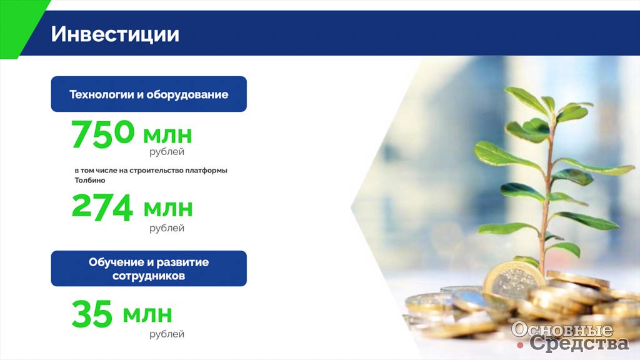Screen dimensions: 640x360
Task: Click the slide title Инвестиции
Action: [x=115, y=34]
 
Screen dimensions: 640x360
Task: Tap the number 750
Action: [x=103, y=134]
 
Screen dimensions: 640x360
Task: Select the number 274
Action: [x=102, y=207]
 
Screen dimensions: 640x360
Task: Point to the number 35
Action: [x=92, y=314]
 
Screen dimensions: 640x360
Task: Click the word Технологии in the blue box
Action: [x=102, y=95]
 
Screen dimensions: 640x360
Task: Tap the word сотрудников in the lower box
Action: [x=149, y=276]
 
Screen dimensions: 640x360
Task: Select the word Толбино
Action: [x=90, y=180]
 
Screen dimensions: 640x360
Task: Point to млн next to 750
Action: [x=167, y=135]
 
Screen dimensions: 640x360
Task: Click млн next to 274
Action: [x=168, y=208]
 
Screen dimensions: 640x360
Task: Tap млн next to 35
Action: [x=147, y=314]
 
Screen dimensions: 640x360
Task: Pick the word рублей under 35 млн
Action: [x=166, y=334]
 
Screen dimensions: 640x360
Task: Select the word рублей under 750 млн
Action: [x=166, y=152]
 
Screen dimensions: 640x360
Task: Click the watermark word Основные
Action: [x=562, y=329]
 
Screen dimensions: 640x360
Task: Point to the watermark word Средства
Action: [x=579, y=343]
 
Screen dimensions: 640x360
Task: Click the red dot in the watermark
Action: [x=520, y=346]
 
